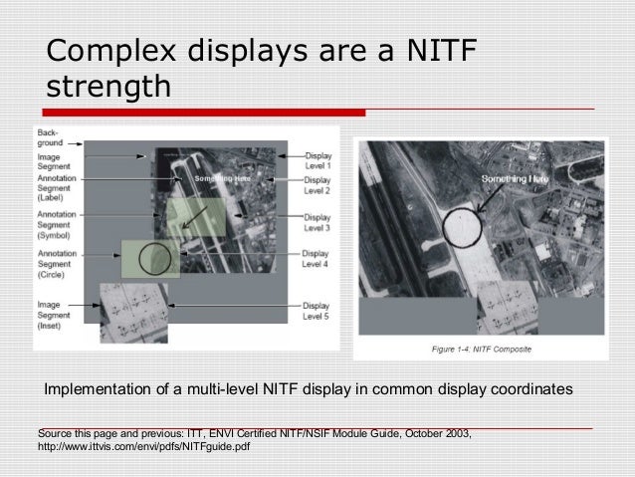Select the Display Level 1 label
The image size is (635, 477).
click(317, 161)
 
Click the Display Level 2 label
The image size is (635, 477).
click(317, 185)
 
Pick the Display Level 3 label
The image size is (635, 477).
click(317, 223)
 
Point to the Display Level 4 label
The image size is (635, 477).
click(317, 259)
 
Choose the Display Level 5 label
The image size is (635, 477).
click(317, 309)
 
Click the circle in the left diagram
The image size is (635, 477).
click(154, 258)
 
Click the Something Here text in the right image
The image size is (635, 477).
click(515, 178)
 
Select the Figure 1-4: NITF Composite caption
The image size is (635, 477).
click(483, 350)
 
